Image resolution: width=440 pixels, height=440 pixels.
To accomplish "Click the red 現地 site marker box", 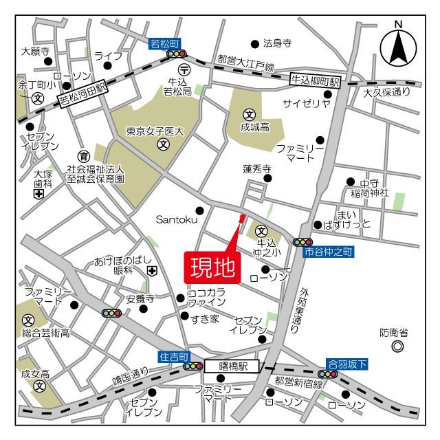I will (212, 267).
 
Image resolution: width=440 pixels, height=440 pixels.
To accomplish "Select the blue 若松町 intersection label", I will (164, 44).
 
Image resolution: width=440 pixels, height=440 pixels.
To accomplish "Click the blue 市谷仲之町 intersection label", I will (328, 253).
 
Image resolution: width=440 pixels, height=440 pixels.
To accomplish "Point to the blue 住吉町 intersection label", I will (173, 357).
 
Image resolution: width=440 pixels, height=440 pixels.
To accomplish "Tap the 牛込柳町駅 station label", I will (316, 81).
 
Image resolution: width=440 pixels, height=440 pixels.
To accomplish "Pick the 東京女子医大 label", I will (155, 131).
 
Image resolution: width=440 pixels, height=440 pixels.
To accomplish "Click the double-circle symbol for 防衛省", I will (397, 347).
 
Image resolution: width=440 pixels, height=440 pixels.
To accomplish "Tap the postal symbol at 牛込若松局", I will (184, 69).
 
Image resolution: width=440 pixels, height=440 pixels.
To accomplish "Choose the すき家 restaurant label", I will (205, 319).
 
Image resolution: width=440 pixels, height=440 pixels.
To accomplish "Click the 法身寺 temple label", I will (278, 43).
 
